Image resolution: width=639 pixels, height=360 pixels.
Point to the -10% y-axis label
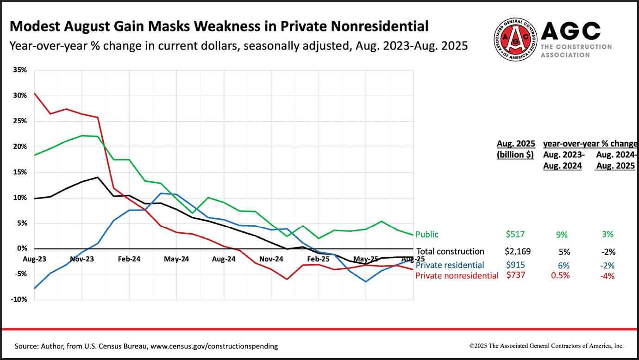(x=19, y=299)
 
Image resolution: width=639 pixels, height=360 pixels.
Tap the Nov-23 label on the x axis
(x=82, y=259)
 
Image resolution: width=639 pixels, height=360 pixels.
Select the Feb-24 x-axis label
(x=129, y=259)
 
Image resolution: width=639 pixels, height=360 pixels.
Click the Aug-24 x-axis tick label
(x=224, y=259)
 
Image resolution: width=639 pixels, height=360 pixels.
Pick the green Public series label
(x=426, y=234)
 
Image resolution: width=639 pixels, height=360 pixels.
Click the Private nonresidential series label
(x=457, y=276)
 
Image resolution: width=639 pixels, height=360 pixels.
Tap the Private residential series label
(x=450, y=265)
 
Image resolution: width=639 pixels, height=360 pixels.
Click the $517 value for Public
(x=515, y=235)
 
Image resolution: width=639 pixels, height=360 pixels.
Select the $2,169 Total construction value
(x=518, y=252)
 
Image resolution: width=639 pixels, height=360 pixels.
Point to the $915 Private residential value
(x=515, y=265)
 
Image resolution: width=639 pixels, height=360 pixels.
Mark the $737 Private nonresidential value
(x=515, y=276)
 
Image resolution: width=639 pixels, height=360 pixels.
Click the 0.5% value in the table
(x=561, y=276)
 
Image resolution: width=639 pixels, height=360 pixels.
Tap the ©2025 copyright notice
(x=546, y=346)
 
